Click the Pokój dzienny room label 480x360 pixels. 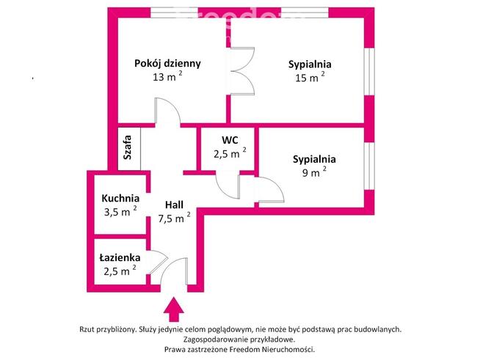pyautogui.click(x=167, y=63)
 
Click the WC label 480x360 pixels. pyautogui.click(x=229, y=139)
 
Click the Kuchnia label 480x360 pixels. pyautogui.click(x=120, y=197)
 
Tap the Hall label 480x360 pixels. pyautogui.click(x=174, y=205)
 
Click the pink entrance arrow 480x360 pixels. pyautogui.click(x=174, y=308)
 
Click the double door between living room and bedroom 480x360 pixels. pyautogui.click(x=241, y=72)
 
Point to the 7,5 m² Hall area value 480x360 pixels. pyautogui.click(x=173, y=218)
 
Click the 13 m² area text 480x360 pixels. pyautogui.click(x=167, y=76)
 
